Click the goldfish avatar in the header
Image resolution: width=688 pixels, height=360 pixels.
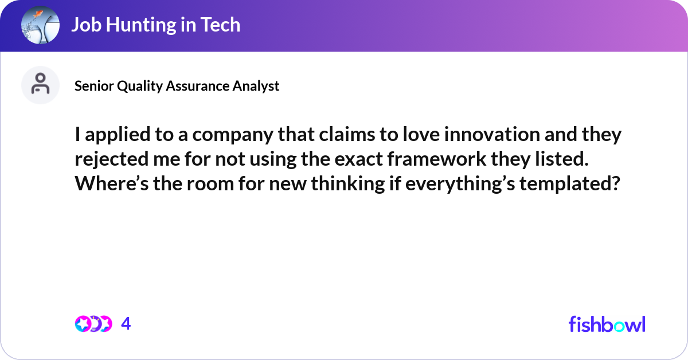(x=40, y=25)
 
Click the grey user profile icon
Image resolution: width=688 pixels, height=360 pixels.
(x=40, y=85)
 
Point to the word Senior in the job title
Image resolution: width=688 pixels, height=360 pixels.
(x=94, y=86)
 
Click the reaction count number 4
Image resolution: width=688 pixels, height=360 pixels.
(x=126, y=324)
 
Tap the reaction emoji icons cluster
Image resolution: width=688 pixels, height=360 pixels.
(x=93, y=324)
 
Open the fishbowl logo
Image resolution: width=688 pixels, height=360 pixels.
(x=607, y=324)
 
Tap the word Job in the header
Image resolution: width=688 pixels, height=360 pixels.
(x=83, y=25)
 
